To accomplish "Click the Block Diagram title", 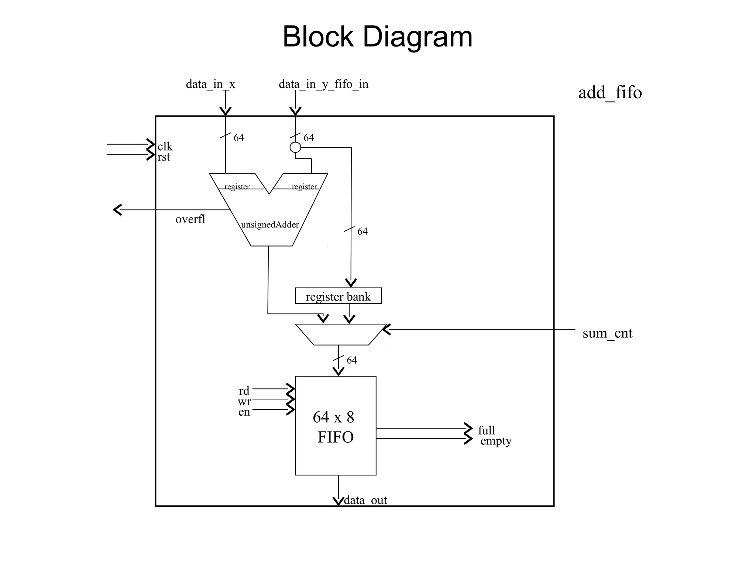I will [x=377, y=37].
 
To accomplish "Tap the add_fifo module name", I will [x=610, y=92].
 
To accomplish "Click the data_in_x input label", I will [x=210, y=84].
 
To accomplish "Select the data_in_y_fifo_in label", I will [x=323, y=84].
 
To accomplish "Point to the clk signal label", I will [x=165, y=147].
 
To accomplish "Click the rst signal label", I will [x=164, y=157].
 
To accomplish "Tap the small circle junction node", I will [x=295, y=148].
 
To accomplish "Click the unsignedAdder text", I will [x=270, y=224].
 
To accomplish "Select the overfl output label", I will [x=190, y=219].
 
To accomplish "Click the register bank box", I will [x=338, y=296].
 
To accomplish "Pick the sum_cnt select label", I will [x=607, y=333].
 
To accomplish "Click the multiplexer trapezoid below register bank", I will [x=340, y=334].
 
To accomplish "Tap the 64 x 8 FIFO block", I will [x=336, y=426].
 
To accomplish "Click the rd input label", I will [x=244, y=391].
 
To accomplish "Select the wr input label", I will [x=244, y=401].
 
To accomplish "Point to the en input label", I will [x=244, y=412].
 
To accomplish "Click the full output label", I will [x=487, y=430].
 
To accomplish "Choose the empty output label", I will [x=496, y=441].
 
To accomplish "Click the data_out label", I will [x=365, y=500].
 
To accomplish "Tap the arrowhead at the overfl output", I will [x=117, y=210].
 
